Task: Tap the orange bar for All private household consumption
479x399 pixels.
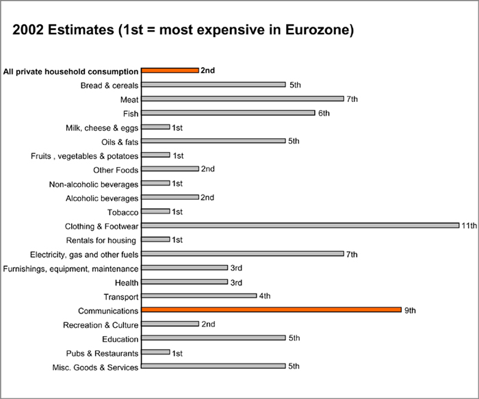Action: pos(170,70)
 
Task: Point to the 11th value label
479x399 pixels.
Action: pos(468,226)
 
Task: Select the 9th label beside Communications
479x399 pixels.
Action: pos(410,311)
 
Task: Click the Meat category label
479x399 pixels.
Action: pos(129,99)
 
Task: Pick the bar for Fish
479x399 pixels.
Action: pos(228,113)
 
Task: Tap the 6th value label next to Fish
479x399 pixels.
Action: pos(323,113)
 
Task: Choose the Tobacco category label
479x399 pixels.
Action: pos(124,212)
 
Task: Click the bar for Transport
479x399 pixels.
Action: pos(198,296)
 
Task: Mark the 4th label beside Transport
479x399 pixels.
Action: pos(265,296)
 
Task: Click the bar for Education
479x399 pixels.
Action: pos(213,339)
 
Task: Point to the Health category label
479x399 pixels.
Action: pos(127,283)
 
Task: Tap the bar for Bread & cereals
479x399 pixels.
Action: pos(213,85)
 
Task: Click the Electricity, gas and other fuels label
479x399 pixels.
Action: pos(74,255)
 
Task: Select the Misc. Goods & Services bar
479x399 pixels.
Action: pos(213,367)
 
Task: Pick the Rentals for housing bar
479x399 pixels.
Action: pos(155,240)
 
